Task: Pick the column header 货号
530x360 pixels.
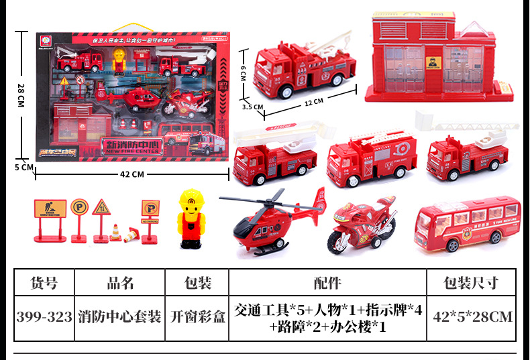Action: click(x=44, y=283)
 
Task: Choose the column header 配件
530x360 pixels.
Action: click(x=327, y=283)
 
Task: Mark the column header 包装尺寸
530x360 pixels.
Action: click(x=472, y=283)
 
